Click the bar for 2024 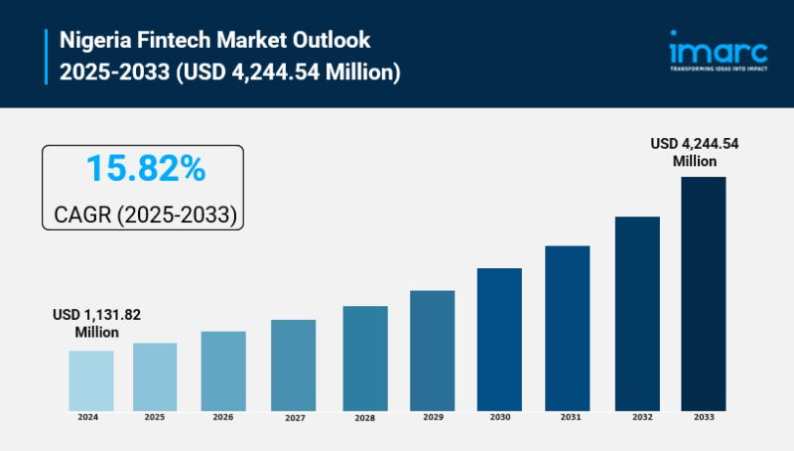point(91,380)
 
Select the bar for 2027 point(293,366)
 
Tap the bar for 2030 point(499,340)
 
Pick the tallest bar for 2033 point(703,294)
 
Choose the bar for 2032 point(637,314)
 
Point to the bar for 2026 point(223,372)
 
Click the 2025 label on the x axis point(154,417)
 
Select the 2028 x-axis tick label point(364,418)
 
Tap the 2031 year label point(570,417)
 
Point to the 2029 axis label point(433,417)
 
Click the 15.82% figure point(145,169)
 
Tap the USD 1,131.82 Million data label point(96,323)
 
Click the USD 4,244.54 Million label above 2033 point(694,152)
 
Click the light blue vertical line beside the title point(46,57)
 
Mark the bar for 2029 point(433,351)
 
